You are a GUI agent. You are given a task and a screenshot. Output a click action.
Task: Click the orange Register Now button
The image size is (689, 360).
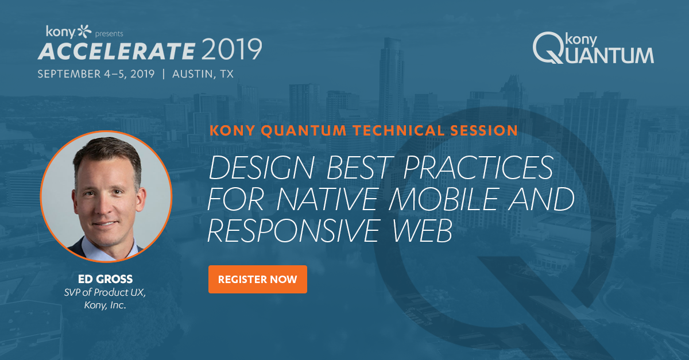tap(258, 279)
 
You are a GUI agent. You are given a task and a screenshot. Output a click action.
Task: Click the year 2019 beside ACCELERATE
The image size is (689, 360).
tap(232, 49)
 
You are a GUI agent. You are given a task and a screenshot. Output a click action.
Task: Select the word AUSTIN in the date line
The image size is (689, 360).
tap(192, 74)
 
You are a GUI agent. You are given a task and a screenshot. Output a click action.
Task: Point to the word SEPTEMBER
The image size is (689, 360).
tap(69, 74)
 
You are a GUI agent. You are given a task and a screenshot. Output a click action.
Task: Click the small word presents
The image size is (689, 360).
tap(109, 34)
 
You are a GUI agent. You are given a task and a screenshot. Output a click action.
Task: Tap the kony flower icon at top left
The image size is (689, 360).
tap(84, 32)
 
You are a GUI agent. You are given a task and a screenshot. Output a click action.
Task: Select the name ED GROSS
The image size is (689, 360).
tap(105, 279)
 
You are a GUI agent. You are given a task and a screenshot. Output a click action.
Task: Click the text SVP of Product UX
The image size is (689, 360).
tap(105, 292)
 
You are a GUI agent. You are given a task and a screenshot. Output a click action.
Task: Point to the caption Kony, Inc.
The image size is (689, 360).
tap(105, 305)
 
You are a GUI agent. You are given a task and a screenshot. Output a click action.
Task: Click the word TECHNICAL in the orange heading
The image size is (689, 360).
tap(398, 130)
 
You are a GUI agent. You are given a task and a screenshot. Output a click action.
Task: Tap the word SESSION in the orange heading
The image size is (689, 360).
tap(484, 130)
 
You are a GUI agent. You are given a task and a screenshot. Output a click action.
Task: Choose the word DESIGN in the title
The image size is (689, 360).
tap(262, 168)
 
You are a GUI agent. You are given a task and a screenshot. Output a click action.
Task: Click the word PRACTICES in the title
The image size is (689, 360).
tap(478, 168)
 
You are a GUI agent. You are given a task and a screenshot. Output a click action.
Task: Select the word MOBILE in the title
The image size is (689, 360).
tap(443, 199)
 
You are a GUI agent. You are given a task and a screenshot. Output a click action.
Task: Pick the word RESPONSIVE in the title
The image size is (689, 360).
tap(293, 231)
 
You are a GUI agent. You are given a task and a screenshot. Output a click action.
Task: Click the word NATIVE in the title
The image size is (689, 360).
tap(327, 199)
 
